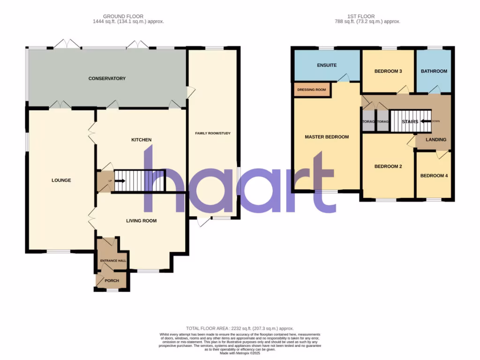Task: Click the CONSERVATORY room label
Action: pyautogui.click(x=107, y=78)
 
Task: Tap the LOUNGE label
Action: pyautogui.click(x=61, y=180)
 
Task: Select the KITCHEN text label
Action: pyautogui.click(x=141, y=140)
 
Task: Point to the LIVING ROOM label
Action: pyautogui.click(x=141, y=220)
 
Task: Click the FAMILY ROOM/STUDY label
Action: pyautogui.click(x=213, y=133)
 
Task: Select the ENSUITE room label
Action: pyautogui.click(x=326, y=65)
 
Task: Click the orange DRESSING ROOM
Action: pyautogui.click(x=312, y=90)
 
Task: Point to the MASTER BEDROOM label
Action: pyautogui.click(x=327, y=137)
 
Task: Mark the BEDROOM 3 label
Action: pyautogui.click(x=388, y=71)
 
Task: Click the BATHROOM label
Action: pyautogui.click(x=434, y=71)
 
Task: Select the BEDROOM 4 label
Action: pyautogui.click(x=434, y=176)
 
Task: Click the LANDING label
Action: pyautogui.click(x=435, y=140)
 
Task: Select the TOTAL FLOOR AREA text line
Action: pyautogui.click(x=240, y=329)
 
